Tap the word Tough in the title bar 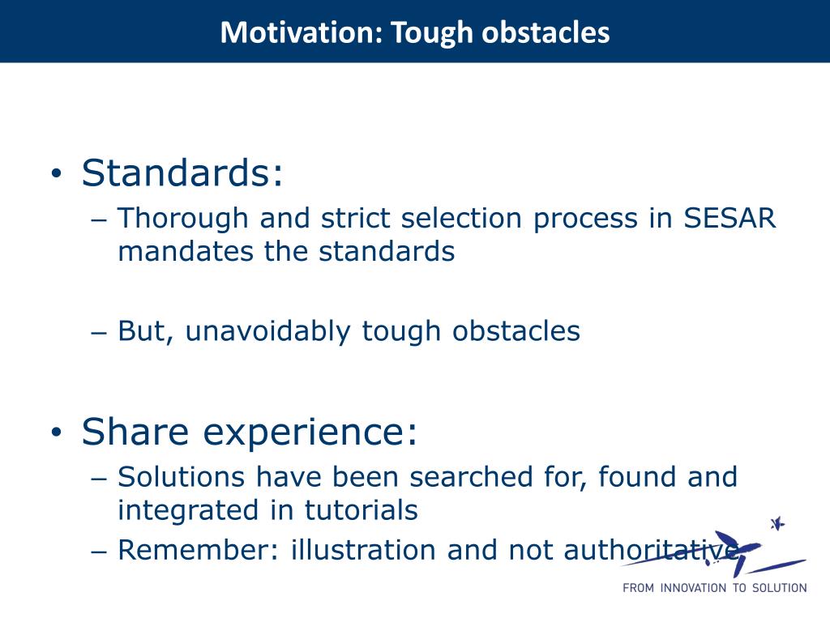click(432, 32)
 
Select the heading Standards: click(182, 173)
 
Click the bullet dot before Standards click(57, 173)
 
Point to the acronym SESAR click(730, 218)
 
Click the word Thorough click(183, 218)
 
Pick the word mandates click(186, 251)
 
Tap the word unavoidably click(267, 331)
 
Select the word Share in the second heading click(135, 432)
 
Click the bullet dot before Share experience click(57, 432)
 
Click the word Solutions click(181, 476)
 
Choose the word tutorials click(362, 510)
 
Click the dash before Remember click(99, 552)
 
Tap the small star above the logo click(777, 524)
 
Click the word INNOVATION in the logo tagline click(694, 588)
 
